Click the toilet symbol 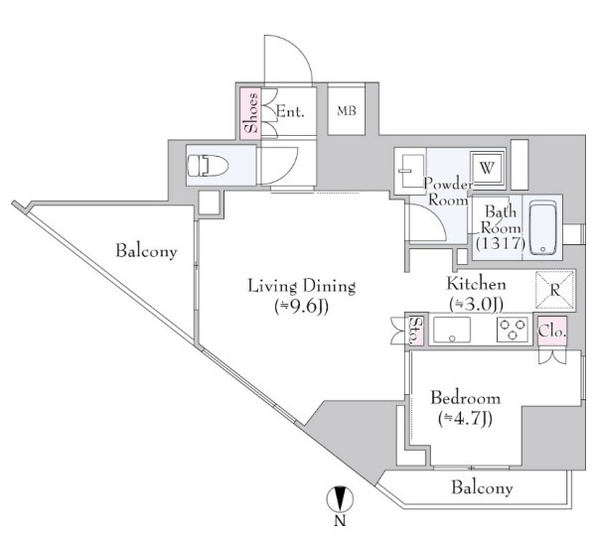coord(207,166)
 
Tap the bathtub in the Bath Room coord(543,228)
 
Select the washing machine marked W coord(488,168)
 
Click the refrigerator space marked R coord(555,291)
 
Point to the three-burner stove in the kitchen coord(513,329)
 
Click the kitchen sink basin coord(452,330)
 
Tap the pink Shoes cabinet coord(250,113)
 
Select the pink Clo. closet coord(552,331)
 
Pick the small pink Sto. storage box coord(416,330)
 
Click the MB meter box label coord(347,111)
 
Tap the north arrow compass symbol coord(340,499)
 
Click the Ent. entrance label coord(290,111)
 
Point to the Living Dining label coord(302,286)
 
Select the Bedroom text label coord(465,398)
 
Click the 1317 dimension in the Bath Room coord(501,242)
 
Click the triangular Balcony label coord(146,251)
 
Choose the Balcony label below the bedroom coord(482,487)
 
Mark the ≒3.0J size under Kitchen coord(476,304)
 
